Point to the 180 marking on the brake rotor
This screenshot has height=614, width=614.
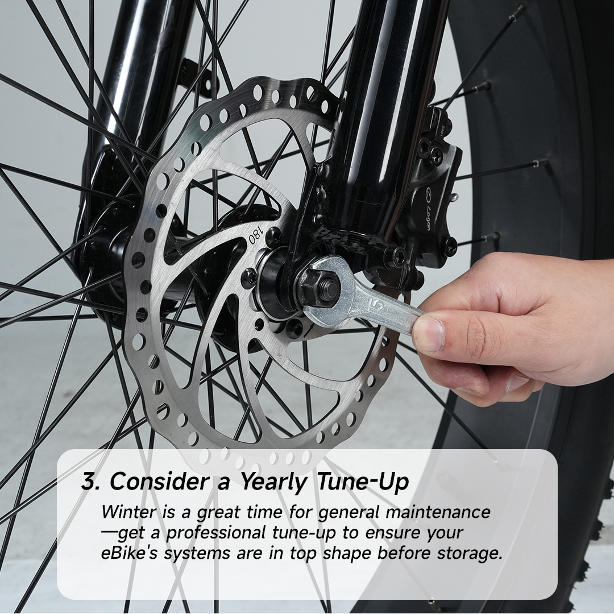[256, 236]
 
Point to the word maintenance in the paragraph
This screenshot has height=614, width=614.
[438, 512]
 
